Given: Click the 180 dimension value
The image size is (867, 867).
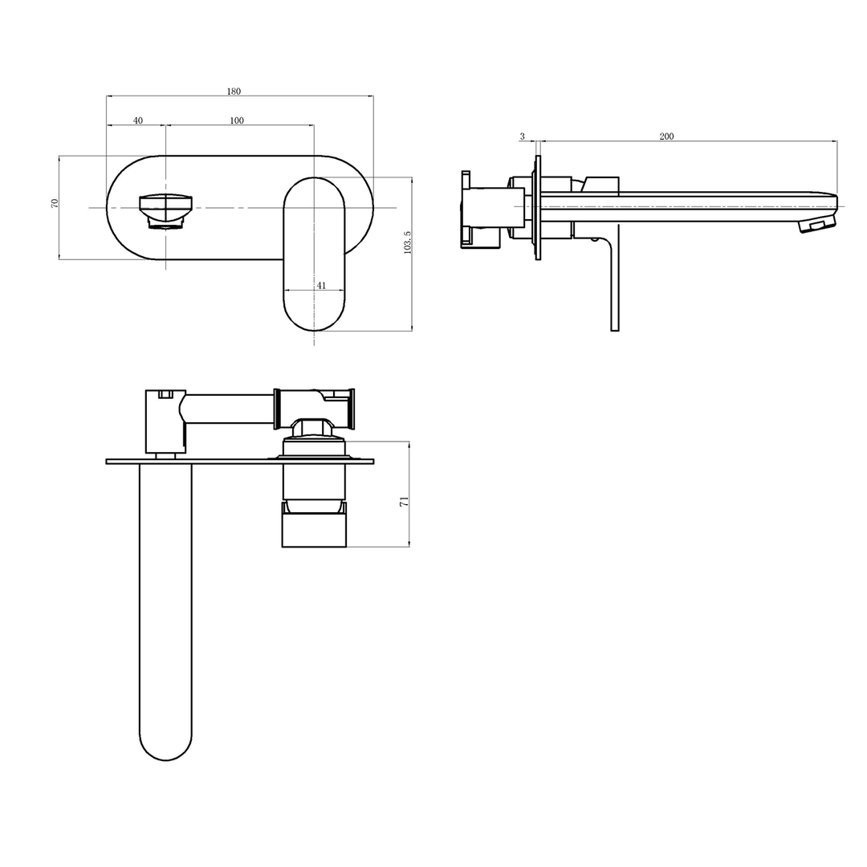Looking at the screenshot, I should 234,92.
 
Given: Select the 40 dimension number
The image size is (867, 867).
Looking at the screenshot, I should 138,120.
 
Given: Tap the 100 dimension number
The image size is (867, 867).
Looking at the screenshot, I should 237,120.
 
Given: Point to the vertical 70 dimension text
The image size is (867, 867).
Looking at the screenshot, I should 55,203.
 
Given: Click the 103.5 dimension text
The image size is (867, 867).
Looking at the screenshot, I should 408,243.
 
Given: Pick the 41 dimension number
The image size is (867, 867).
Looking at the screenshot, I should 321,285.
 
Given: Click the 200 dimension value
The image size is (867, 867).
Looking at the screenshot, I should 666,136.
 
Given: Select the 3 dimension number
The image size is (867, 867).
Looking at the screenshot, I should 522,136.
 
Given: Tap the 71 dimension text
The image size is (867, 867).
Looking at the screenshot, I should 405,501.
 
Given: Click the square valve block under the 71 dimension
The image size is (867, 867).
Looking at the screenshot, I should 313,530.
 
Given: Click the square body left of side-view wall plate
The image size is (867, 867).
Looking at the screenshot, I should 494,208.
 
